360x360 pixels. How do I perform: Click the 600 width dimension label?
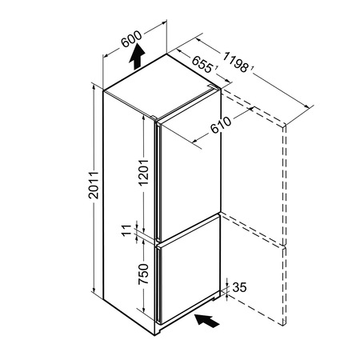(x=131, y=39)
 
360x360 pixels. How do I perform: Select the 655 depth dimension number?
(x=202, y=64)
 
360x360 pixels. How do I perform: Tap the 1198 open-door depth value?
(x=235, y=62)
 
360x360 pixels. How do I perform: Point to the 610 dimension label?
(x=221, y=125)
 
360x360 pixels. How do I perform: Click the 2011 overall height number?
(x=94, y=186)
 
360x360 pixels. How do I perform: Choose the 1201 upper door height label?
(x=143, y=173)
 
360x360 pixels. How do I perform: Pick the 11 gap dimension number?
(x=126, y=230)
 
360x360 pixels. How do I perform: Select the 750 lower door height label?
(x=143, y=274)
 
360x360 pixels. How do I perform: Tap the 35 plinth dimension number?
(x=239, y=287)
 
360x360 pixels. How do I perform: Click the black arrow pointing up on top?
(x=137, y=57)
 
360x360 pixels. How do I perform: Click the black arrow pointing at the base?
(x=207, y=320)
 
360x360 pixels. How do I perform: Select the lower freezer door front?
(x=190, y=270)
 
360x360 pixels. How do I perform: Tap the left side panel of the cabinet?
(x=129, y=210)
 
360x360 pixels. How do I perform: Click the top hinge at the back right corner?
(x=213, y=86)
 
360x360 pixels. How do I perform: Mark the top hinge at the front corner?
(x=154, y=118)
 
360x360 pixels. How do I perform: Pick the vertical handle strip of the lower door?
(x=158, y=285)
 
